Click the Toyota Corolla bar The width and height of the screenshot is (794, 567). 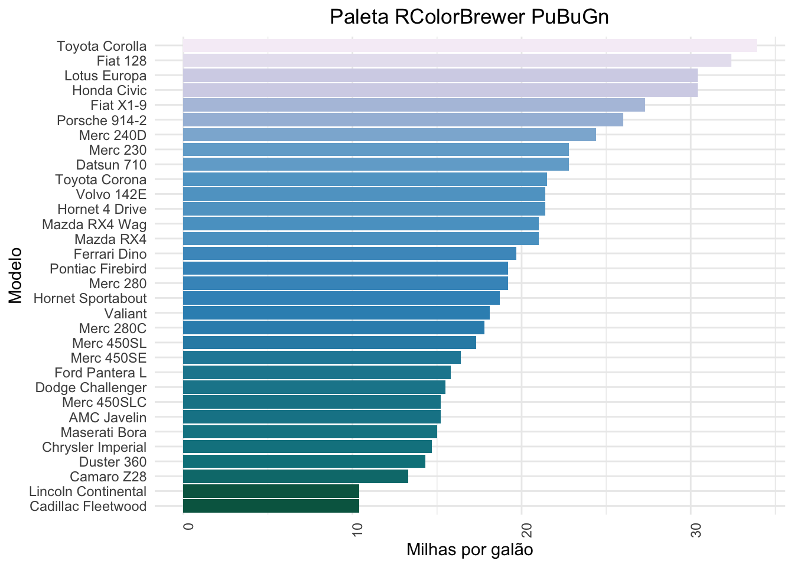tap(470, 45)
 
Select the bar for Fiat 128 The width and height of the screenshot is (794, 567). tap(457, 60)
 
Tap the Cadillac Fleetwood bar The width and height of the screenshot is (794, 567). tap(271, 506)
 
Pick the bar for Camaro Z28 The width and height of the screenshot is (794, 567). tap(295, 477)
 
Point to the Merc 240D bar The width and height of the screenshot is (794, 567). tap(389, 135)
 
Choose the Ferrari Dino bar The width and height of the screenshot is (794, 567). tap(349, 254)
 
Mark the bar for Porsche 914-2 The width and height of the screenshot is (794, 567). tap(403, 120)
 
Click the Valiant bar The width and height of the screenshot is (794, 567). tap(336, 313)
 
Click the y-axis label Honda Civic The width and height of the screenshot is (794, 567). tap(109, 90)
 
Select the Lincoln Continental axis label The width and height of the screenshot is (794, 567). tap(87, 491)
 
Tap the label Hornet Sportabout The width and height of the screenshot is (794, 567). tap(90, 298)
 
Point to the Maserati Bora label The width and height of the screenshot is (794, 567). tap(103, 432)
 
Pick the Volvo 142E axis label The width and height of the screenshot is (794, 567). tap(111, 194)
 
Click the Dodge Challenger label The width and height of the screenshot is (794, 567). tap(91, 387)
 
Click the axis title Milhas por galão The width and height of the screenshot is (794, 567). tap(470, 550)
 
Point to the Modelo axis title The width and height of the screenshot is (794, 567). tap(15, 276)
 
